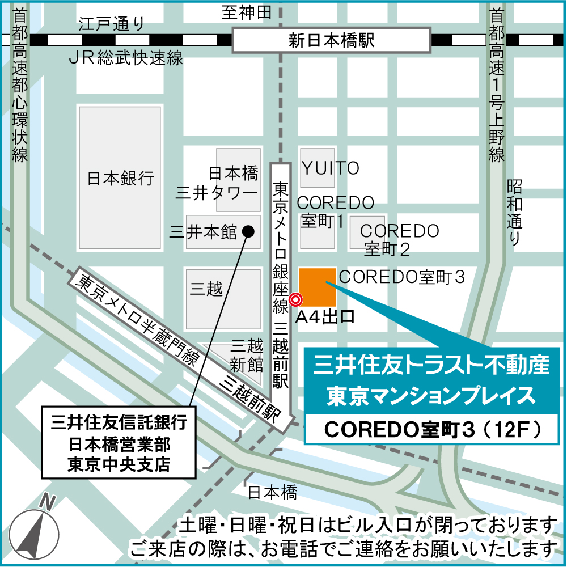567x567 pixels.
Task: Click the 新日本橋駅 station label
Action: [x=332, y=41]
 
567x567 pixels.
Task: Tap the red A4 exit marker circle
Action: [x=295, y=299]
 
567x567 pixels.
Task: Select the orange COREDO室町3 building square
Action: [x=318, y=287]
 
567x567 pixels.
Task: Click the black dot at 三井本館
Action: [x=248, y=231]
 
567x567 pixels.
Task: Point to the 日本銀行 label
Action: [x=120, y=179]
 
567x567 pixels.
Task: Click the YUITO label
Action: [x=331, y=168]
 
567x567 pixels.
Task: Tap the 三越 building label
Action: [x=206, y=289]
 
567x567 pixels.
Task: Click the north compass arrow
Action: [x=37, y=530]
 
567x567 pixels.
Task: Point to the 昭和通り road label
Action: [x=514, y=213]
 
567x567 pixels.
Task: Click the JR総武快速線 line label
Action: [x=125, y=58]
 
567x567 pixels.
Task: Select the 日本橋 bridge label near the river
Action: [x=272, y=492]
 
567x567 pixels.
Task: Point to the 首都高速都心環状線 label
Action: [x=20, y=85]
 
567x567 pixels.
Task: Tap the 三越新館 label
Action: [x=245, y=354]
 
